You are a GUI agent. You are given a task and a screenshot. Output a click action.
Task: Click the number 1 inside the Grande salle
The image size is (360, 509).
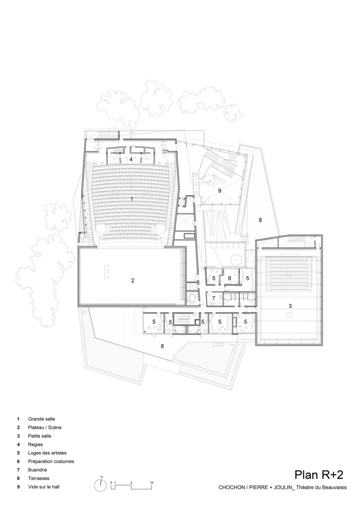132,199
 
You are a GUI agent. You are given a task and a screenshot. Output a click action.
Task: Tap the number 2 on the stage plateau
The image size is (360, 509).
133,280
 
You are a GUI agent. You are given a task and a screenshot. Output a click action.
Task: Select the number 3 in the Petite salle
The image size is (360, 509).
290,306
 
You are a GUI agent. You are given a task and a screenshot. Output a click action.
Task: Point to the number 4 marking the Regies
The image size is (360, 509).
131,159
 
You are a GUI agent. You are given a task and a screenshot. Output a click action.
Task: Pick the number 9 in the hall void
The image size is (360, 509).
220,190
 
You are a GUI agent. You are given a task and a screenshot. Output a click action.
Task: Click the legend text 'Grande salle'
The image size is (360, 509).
41,418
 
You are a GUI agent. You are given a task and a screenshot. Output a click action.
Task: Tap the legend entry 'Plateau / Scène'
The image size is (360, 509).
44,427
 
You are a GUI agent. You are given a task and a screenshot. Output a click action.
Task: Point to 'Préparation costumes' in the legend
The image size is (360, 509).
51,461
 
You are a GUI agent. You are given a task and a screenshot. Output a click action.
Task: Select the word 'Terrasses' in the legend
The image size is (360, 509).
39,478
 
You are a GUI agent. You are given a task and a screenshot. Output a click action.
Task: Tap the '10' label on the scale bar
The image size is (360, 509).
152,483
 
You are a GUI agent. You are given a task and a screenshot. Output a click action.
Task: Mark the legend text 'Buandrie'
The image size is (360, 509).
38,470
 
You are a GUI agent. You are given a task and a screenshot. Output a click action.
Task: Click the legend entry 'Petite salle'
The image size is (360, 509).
40,436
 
